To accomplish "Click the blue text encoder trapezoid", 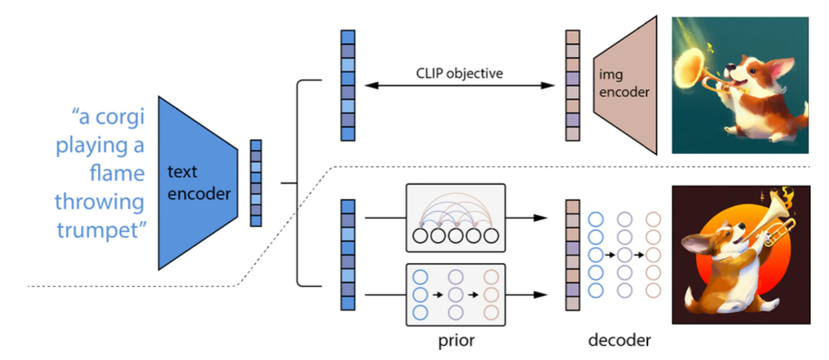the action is (198, 183).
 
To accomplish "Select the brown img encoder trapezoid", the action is (625, 85).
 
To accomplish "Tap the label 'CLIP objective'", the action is (459, 73).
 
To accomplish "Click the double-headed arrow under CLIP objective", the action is (459, 85).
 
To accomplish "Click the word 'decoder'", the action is (619, 340).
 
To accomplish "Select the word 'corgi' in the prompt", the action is (120, 117).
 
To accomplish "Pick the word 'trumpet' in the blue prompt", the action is (98, 230).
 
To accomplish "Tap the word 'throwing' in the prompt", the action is (99, 202).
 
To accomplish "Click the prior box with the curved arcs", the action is (456, 218).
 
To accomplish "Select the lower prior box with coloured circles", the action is (456, 294).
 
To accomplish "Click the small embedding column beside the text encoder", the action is (256, 183).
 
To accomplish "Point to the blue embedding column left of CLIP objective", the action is (348, 85).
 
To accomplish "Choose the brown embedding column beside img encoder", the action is (572, 85).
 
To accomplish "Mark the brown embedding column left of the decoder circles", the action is (572, 255).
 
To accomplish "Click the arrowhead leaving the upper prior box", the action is (541, 218).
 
